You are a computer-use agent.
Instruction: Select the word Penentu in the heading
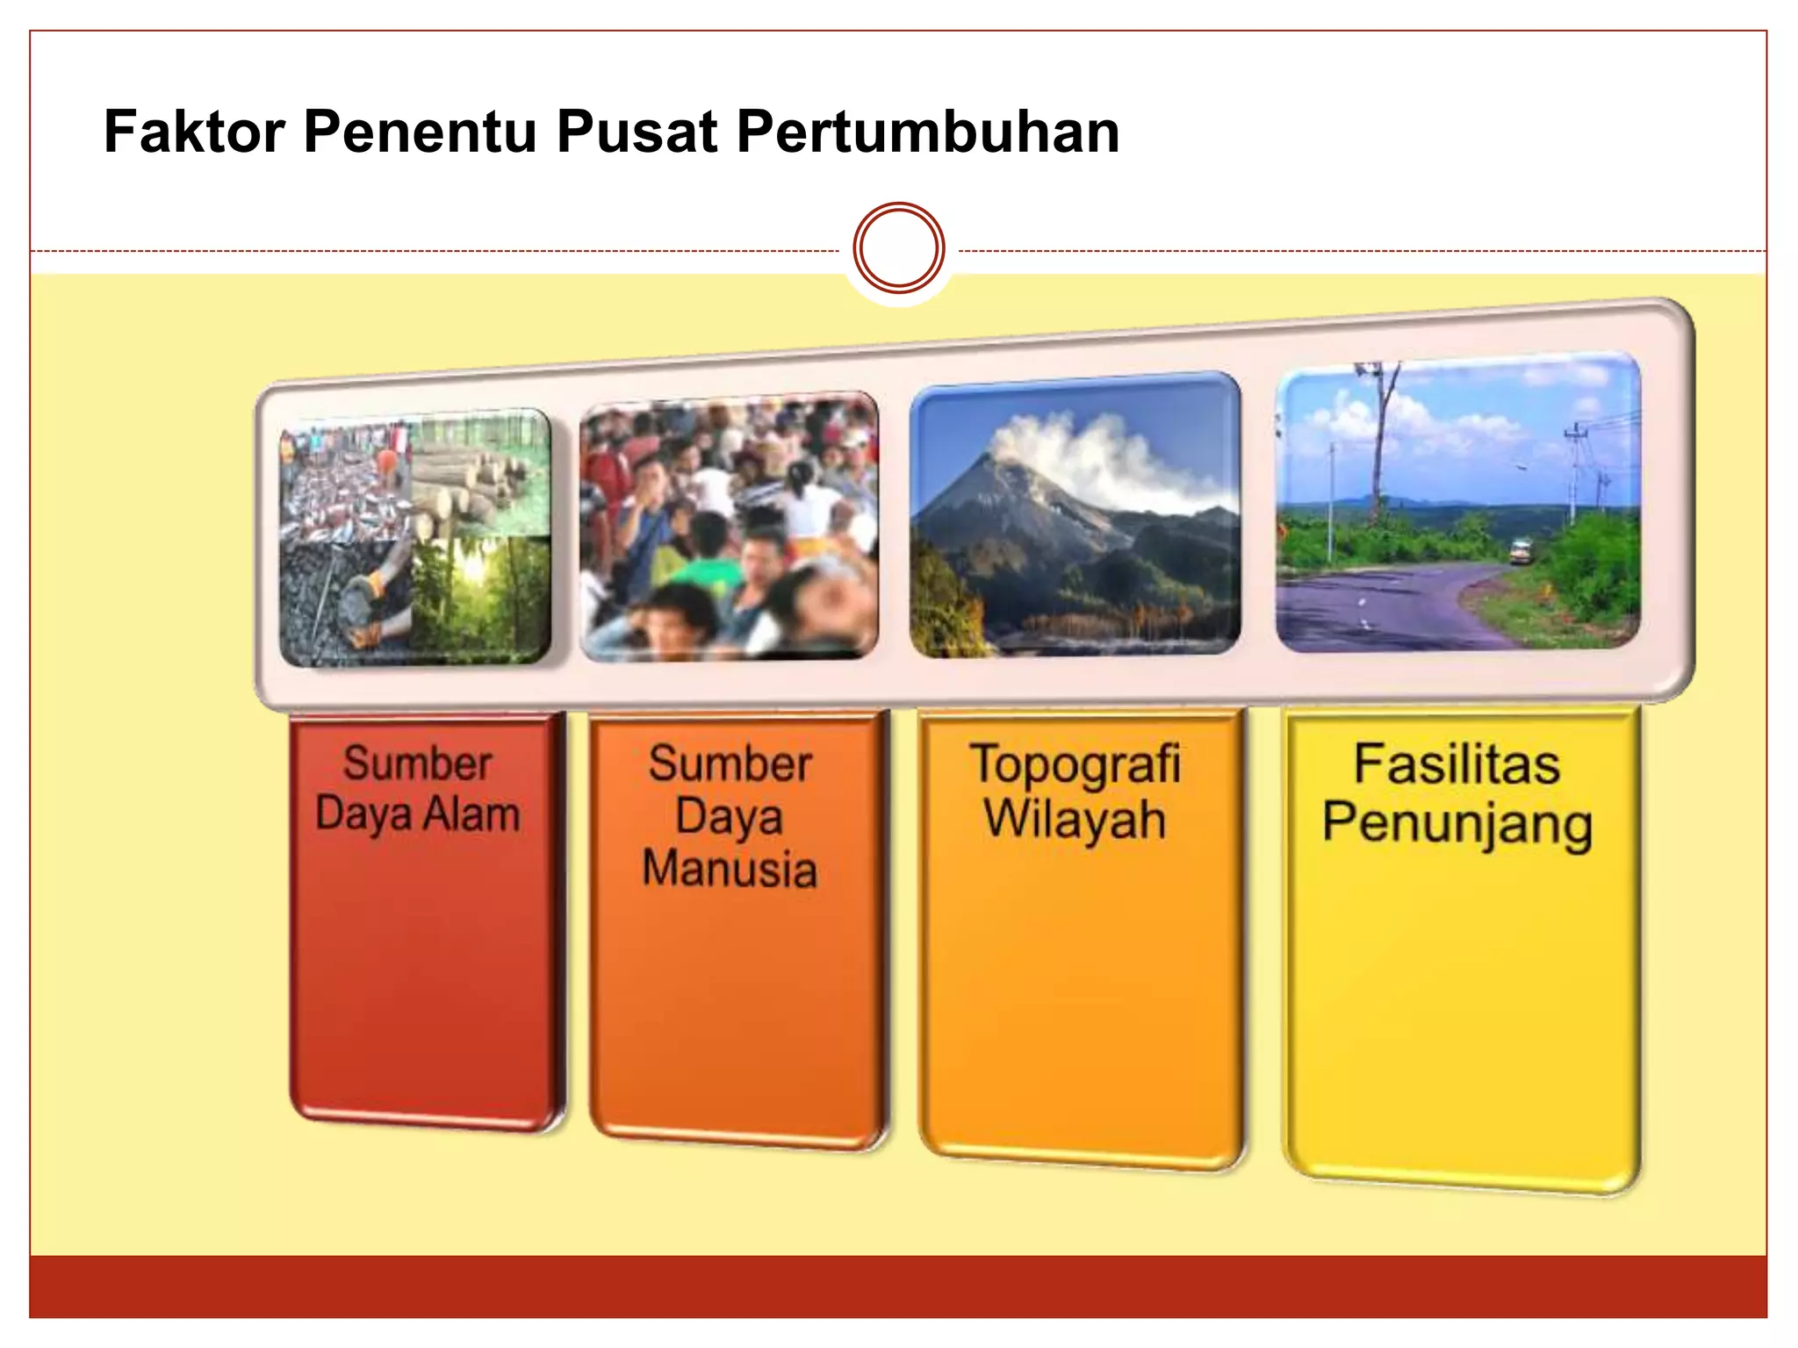click(420, 132)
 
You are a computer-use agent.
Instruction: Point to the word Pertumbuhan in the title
click(927, 132)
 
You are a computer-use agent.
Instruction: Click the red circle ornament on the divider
click(898, 248)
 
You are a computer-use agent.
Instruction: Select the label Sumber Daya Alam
click(418, 788)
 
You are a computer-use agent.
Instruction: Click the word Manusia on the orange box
click(730, 868)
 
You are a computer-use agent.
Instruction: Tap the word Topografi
click(1075, 764)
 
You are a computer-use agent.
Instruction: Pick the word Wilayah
click(1075, 820)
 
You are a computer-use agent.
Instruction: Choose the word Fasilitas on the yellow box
click(1456, 764)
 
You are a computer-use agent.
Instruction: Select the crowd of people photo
click(729, 527)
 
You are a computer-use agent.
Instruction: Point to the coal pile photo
click(342, 601)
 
